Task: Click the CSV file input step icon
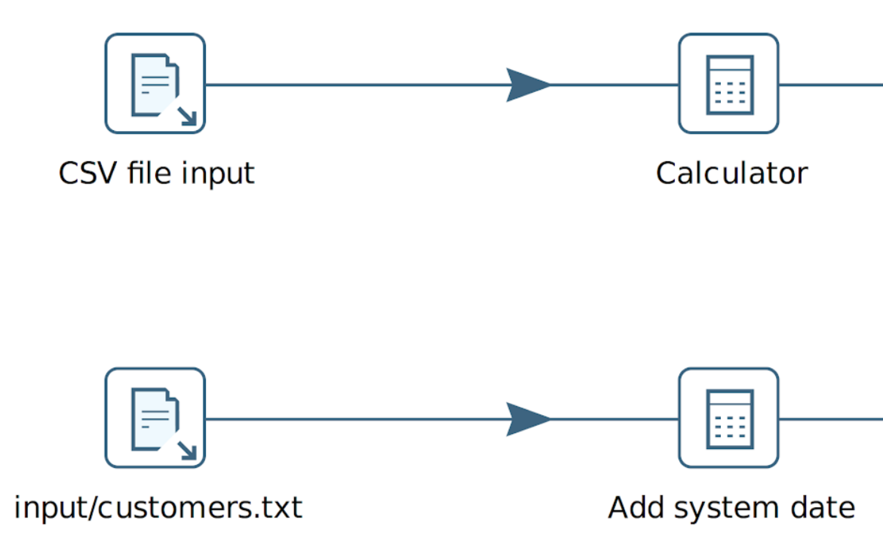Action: pyautogui.click(x=155, y=83)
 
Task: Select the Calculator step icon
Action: pyautogui.click(x=728, y=83)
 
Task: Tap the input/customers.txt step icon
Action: pyautogui.click(x=155, y=418)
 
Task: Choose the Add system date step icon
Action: pyautogui.click(x=728, y=418)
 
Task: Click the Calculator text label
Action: pyautogui.click(x=732, y=173)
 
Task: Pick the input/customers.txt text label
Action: pyautogui.click(x=158, y=507)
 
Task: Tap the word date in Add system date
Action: pyautogui.click(x=823, y=507)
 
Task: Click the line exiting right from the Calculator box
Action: pyautogui.click(x=829, y=85)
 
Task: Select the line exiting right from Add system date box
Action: pyautogui.click(x=829, y=419)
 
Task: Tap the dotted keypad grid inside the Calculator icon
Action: pyautogui.click(x=730, y=93)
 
